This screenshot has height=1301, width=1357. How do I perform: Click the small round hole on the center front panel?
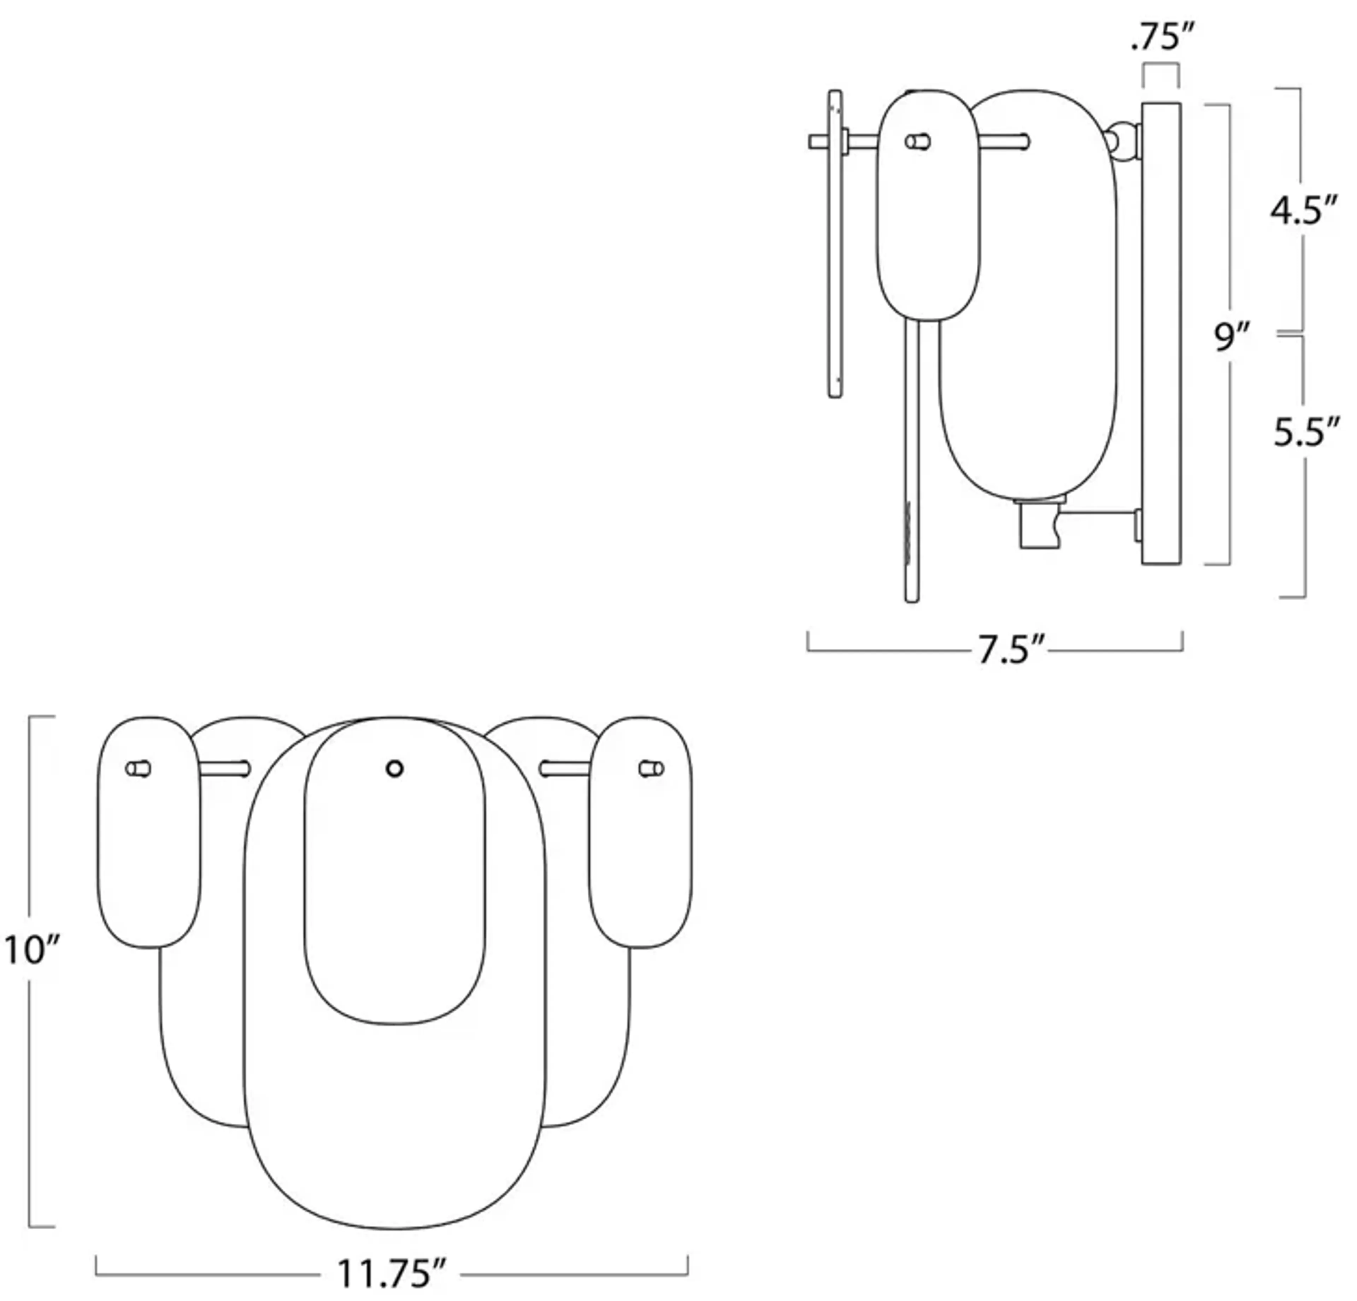tap(395, 769)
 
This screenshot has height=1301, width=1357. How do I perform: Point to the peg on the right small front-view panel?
tap(651, 769)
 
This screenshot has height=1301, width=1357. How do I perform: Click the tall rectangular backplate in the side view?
tap(1161, 332)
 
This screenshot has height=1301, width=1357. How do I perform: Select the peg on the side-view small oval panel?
tap(918, 142)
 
